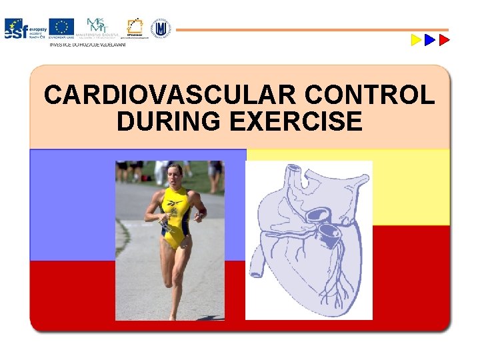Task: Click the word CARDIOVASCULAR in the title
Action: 171,96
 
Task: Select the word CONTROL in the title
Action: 370,96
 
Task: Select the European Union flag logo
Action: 62,27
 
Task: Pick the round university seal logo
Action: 160,28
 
